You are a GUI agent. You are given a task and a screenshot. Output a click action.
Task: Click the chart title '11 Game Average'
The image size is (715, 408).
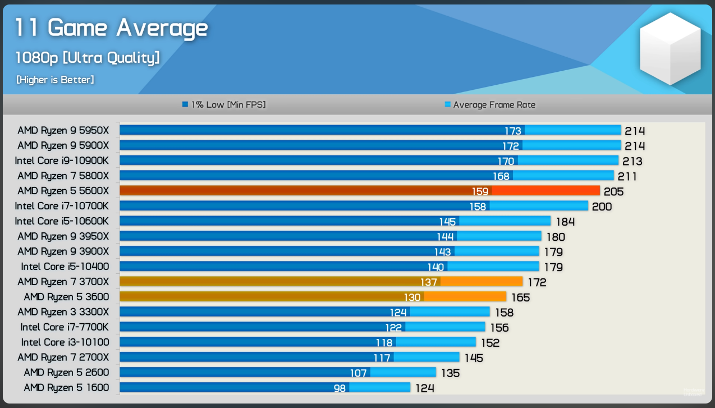[x=111, y=28]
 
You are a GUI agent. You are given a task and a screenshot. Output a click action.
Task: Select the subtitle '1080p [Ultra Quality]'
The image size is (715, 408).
[x=88, y=58]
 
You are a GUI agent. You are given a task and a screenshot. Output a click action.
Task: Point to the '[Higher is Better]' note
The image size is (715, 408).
[x=55, y=80]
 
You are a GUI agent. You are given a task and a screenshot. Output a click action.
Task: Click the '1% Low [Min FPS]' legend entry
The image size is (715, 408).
[x=224, y=104]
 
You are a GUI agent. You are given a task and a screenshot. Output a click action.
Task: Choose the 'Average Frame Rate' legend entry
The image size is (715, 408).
[x=490, y=104]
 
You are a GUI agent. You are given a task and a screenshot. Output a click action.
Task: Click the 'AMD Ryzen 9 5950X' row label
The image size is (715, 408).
[x=63, y=130]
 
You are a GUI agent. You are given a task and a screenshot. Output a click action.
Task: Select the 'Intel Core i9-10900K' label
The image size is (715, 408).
[x=62, y=161]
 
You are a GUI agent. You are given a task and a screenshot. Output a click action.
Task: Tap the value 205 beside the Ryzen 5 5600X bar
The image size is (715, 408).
[x=613, y=191]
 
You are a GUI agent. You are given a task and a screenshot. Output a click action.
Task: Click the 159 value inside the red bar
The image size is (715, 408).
[x=480, y=191]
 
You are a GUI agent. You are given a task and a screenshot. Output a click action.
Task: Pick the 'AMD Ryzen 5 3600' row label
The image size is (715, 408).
[x=66, y=297]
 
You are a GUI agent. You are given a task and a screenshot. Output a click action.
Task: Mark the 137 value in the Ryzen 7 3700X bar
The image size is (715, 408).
[x=429, y=282]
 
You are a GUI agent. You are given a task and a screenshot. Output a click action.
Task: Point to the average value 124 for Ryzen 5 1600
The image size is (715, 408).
[x=425, y=388]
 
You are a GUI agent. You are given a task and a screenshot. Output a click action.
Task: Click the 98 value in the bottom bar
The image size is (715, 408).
[x=340, y=388]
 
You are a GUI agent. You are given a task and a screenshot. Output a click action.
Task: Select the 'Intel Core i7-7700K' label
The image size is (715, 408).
[x=65, y=327]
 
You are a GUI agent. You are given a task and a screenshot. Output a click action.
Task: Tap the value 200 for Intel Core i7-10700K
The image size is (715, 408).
[x=602, y=207]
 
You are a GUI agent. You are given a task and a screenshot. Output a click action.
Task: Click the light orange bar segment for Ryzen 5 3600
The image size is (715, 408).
[x=465, y=297]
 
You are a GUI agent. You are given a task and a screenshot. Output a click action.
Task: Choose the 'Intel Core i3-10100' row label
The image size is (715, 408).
[x=65, y=342]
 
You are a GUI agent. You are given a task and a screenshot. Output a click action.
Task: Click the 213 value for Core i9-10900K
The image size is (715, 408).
[x=632, y=161]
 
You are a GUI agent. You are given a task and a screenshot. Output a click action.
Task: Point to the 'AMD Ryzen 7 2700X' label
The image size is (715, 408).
[x=63, y=357]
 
